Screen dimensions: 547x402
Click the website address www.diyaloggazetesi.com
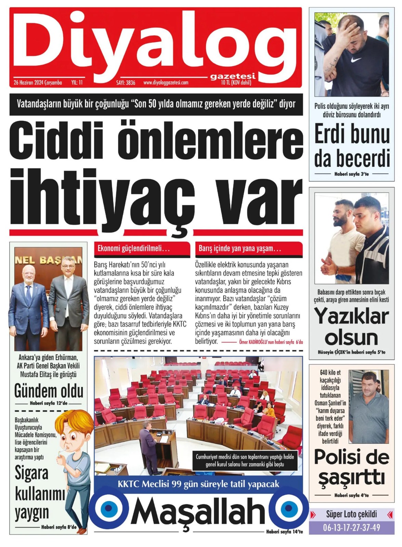pyautogui.click(x=166, y=82)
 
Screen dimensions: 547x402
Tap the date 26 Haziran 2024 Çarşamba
pyautogui.click(x=38, y=82)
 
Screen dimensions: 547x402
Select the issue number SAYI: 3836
pyautogui.click(x=126, y=82)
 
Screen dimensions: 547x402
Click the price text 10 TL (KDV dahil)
pyautogui.click(x=236, y=82)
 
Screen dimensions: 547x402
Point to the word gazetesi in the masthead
pyautogui.click(x=233, y=76)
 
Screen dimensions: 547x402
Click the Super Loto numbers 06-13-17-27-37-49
pyautogui.click(x=351, y=528)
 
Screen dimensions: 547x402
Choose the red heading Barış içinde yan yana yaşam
pyautogui.click(x=239, y=249)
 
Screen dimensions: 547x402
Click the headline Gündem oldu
pyautogui.click(x=49, y=391)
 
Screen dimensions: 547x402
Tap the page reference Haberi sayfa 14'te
pyautogui.click(x=284, y=532)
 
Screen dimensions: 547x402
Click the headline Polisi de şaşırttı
pyautogui.click(x=351, y=467)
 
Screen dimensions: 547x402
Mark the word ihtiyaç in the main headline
pyautogui.click(x=103, y=200)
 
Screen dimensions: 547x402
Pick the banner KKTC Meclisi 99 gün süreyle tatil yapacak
pyautogui.click(x=198, y=484)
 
